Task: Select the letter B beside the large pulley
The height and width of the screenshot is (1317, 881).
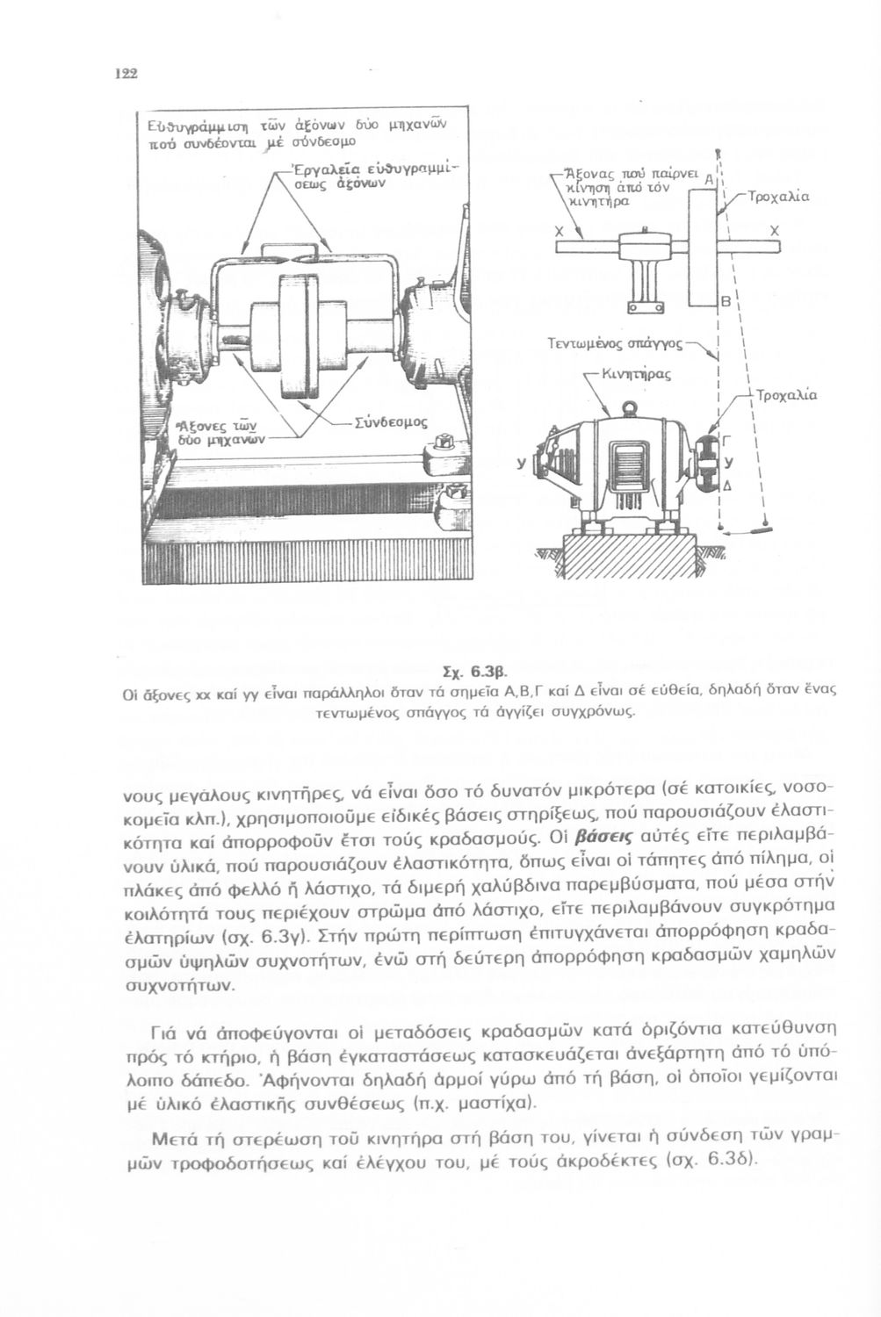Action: tap(726, 301)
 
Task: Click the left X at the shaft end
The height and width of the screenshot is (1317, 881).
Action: tap(560, 229)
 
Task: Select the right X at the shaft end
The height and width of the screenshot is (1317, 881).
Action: tap(774, 229)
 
